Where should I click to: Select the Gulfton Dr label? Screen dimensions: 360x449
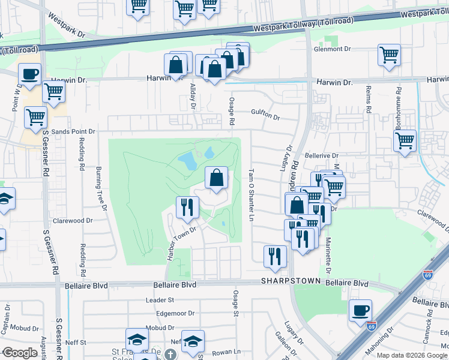(x=266, y=118)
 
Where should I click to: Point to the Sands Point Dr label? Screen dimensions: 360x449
(x=73, y=131)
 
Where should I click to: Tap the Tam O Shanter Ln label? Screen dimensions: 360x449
(x=252, y=194)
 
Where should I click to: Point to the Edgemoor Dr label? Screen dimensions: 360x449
(x=174, y=313)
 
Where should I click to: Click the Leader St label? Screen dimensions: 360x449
(x=160, y=299)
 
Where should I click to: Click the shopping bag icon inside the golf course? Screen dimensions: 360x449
(x=216, y=178)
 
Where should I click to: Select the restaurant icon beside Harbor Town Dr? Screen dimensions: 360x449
(x=187, y=208)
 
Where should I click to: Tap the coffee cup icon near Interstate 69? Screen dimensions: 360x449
(x=360, y=311)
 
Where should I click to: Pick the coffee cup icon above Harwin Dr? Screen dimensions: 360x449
(x=29, y=75)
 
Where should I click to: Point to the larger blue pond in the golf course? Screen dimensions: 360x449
(x=187, y=160)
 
